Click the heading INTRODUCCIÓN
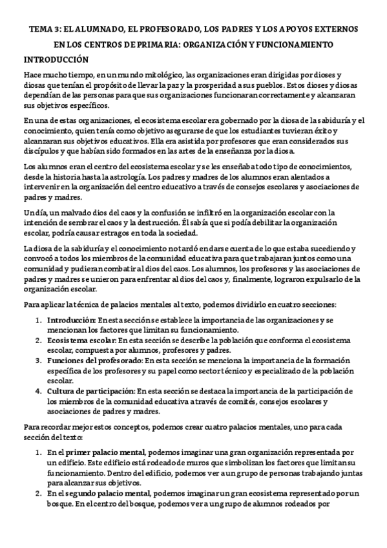click(56, 59)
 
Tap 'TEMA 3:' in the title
click(45, 30)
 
